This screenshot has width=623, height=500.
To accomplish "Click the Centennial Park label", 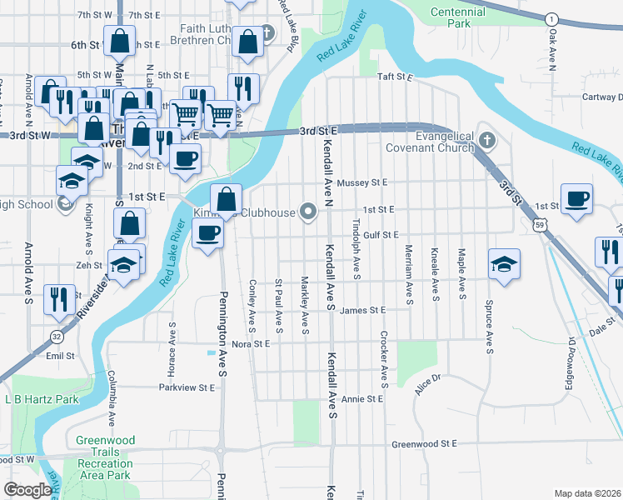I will click(x=457, y=19).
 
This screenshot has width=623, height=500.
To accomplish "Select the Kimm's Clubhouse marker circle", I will click(x=308, y=212).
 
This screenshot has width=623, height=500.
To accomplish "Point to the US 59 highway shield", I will click(x=541, y=224).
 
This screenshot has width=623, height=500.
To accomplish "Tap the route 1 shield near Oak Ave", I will click(x=551, y=18).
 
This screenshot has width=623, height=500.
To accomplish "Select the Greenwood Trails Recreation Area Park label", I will click(x=104, y=457).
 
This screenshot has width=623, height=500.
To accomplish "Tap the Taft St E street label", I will click(x=395, y=77).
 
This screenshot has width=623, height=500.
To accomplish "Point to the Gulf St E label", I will click(x=380, y=236).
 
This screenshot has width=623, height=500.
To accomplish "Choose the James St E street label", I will click(x=363, y=310).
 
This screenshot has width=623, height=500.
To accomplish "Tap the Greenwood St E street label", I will click(x=425, y=444).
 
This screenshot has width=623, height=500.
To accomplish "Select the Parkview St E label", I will click(x=187, y=387).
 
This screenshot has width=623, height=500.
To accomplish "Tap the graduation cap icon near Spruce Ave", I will click(x=504, y=264).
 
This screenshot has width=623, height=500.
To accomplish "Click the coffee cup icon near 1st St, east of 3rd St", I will click(x=576, y=200).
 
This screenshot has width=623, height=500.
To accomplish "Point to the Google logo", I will click(x=27, y=490).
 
